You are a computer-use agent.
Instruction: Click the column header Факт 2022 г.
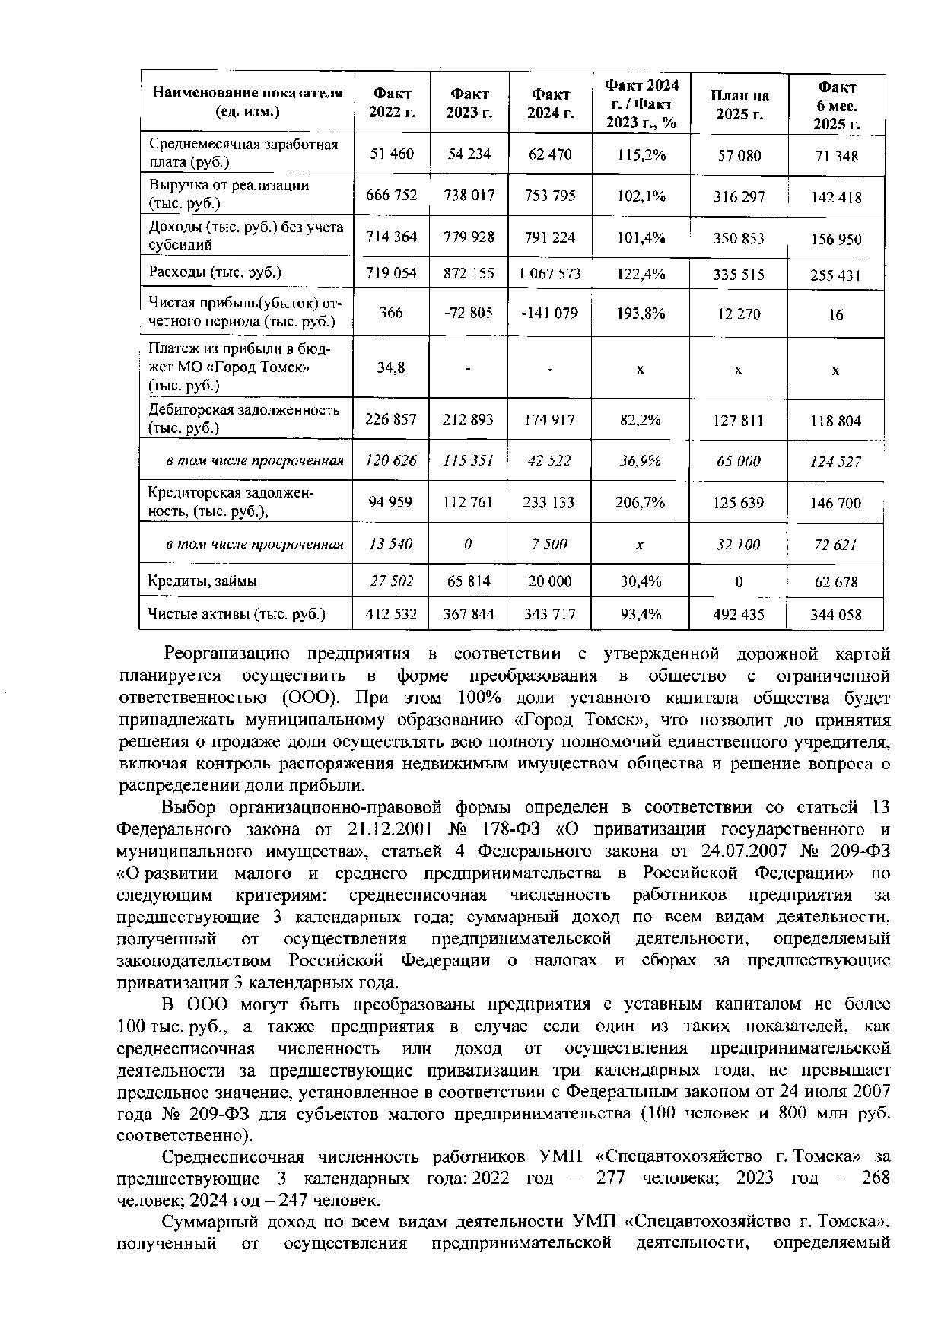[x=391, y=103]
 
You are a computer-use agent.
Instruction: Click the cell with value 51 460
[x=392, y=154]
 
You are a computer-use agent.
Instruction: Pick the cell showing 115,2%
[x=641, y=155]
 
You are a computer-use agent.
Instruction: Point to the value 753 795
[x=550, y=196]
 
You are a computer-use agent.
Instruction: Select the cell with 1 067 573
[x=550, y=273]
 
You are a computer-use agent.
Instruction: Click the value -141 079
[x=549, y=313]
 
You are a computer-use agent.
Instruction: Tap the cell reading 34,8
[x=391, y=367]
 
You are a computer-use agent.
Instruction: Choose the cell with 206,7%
[x=641, y=502]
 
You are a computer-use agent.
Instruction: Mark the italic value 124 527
[x=835, y=461]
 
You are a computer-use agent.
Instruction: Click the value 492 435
[x=738, y=614]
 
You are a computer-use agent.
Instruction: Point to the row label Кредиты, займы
[x=202, y=581]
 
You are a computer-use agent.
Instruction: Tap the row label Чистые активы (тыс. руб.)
[x=237, y=614]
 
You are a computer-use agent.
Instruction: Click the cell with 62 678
[x=835, y=582]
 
